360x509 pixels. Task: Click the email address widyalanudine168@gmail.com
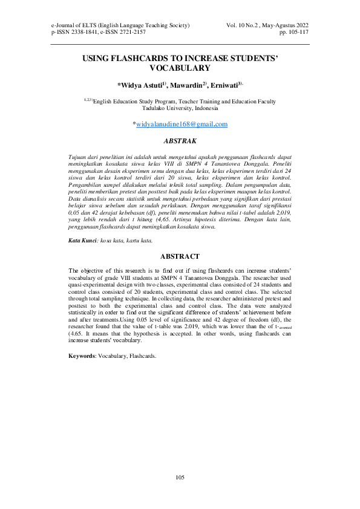coord(182,125)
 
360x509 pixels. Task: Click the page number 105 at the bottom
coord(180,478)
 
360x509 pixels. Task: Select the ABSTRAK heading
coord(180,140)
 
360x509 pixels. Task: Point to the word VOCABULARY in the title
coord(180,70)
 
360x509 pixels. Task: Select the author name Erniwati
coord(224,85)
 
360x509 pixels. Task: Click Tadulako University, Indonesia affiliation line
coord(180,109)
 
